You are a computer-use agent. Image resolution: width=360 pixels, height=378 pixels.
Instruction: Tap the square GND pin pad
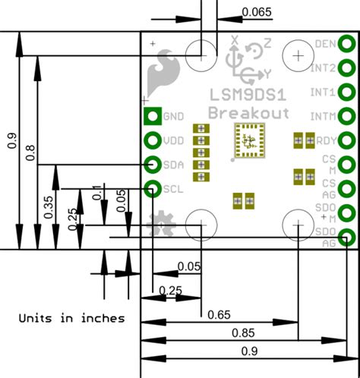point(152,116)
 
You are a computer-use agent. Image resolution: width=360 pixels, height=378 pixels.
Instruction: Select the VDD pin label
point(174,140)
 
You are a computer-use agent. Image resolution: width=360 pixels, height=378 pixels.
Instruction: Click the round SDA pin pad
point(152,164)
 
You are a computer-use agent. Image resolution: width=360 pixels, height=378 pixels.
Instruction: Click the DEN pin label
point(324,43)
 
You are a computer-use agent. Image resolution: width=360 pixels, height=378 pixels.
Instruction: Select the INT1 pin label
point(324,92)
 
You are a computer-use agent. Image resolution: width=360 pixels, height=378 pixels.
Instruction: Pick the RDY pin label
point(326,140)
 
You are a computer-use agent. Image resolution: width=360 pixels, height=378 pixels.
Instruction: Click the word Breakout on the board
point(248,112)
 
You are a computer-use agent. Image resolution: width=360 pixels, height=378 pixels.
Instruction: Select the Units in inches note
point(71,318)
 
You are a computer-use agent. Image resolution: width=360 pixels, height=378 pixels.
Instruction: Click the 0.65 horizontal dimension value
point(218,314)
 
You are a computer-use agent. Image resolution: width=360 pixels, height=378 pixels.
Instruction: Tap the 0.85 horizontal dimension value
point(243,332)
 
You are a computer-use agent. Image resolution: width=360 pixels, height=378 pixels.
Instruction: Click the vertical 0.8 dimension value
point(30,152)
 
